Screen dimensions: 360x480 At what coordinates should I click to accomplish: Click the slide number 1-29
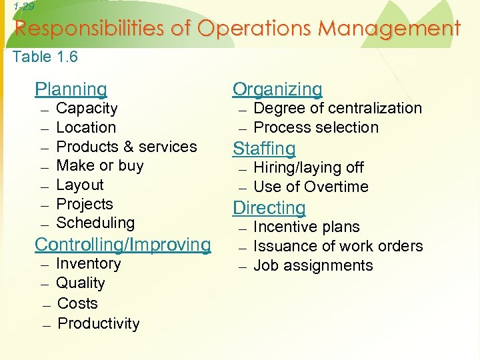click(x=23, y=7)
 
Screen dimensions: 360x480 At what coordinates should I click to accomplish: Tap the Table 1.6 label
click(x=45, y=57)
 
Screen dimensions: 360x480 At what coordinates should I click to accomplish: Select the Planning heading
click(x=71, y=89)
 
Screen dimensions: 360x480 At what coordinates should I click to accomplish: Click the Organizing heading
click(x=277, y=89)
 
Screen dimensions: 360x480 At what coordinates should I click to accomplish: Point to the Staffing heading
click(x=263, y=149)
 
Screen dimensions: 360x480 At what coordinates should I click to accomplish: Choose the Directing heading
click(x=269, y=208)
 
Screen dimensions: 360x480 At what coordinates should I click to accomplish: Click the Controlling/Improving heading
click(x=123, y=245)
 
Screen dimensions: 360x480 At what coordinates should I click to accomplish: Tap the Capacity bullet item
click(x=87, y=109)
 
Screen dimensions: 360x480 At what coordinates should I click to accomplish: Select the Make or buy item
click(x=100, y=165)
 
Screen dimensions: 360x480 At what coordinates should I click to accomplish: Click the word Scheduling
click(x=95, y=223)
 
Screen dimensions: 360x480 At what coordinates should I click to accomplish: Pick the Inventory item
click(x=89, y=264)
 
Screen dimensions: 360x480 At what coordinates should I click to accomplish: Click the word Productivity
click(x=99, y=324)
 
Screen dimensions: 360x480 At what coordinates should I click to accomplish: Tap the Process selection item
click(x=316, y=127)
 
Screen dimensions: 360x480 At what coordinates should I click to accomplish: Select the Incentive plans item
click(x=307, y=227)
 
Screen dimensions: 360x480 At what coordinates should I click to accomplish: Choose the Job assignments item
click(x=313, y=265)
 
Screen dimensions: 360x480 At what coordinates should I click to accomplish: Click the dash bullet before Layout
click(x=43, y=186)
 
